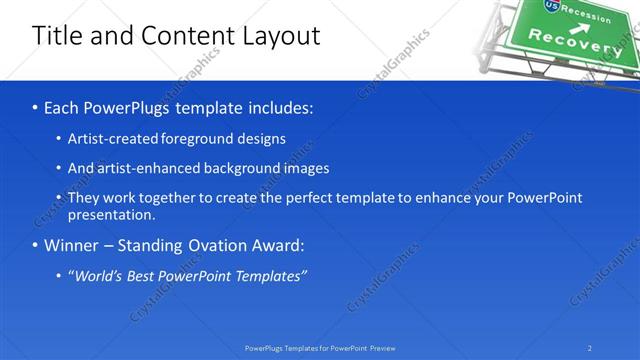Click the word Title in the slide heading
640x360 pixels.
58,36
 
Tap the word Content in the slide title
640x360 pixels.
186,36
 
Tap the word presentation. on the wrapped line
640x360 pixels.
111,214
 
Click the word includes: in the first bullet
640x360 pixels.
281,106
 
